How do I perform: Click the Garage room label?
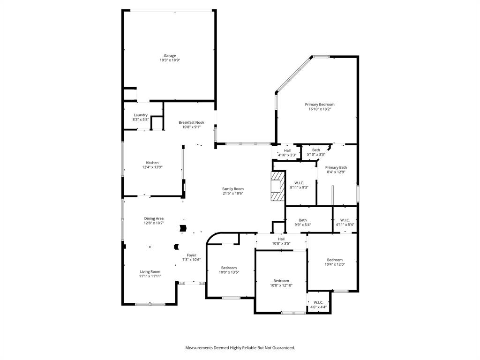(170, 56)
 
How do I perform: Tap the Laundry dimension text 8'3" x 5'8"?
(141, 120)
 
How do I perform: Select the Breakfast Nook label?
(191, 122)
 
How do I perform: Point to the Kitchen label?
(152, 163)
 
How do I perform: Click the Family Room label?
(233, 189)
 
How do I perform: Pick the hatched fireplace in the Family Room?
(277, 186)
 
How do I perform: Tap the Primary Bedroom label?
(320, 105)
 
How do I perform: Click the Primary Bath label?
(336, 167)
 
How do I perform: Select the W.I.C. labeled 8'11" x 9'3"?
(299, 183)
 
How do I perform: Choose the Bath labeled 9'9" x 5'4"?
(303, 220)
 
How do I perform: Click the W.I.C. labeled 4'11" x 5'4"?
(345, 220)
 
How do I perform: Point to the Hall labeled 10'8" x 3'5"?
(281, 239)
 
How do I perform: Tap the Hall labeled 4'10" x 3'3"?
(287, 150)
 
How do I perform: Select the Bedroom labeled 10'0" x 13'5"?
(229, 268)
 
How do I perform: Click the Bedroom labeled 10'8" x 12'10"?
(281, 281)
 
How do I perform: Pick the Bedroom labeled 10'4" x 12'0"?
(335, 260)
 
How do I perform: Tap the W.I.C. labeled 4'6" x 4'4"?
(318, 302)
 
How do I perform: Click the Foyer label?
(191, 255)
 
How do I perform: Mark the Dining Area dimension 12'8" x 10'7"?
(154, 223)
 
